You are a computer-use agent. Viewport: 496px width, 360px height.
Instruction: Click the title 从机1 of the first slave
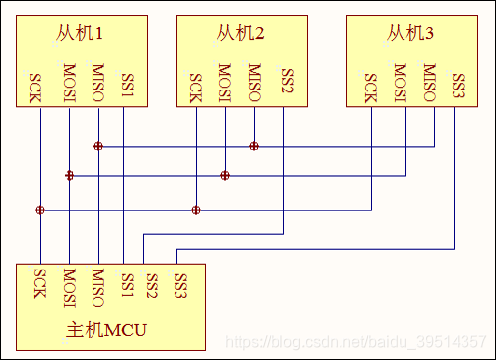point(78,35)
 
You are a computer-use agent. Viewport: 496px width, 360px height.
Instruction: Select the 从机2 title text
point(239,35)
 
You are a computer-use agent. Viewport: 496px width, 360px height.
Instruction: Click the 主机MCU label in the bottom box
point(105,330)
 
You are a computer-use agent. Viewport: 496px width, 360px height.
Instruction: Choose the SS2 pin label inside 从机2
point(286,83)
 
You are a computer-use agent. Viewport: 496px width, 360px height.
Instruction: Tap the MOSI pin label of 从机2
point(225,83)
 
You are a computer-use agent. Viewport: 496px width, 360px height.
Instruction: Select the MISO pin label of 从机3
point(429,83)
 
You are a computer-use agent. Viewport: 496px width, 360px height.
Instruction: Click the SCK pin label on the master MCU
point(40,286)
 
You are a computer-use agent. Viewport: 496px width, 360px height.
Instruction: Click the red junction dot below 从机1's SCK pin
point(40,210)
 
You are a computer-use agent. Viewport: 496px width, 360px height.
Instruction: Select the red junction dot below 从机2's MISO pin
point(254,146)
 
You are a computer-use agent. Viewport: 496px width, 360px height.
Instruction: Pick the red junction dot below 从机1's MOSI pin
point(69,176)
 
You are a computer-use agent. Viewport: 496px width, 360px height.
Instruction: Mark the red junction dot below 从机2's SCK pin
point(196,210)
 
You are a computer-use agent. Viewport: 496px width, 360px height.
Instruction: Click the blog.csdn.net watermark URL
point(355,341)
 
